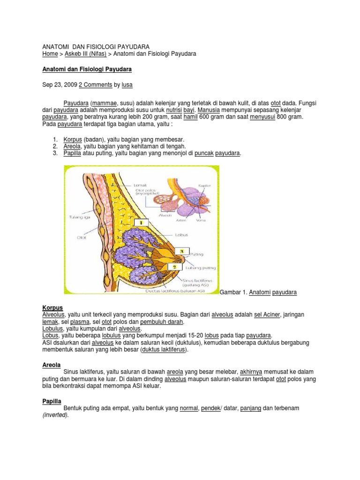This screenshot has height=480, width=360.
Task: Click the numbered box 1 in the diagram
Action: click(x=141, y=222)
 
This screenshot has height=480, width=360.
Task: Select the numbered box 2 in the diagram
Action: click(x=174, y=266)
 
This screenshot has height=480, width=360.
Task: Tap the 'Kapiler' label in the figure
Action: click(x=204, y=186)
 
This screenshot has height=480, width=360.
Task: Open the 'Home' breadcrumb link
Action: click(x=50, y=54)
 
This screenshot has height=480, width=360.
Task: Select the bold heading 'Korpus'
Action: click(x=52, y=307)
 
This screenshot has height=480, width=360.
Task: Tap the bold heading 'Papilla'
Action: click(x=52, y=401)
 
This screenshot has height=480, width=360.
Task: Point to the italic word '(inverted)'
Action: click(x=55, y=415)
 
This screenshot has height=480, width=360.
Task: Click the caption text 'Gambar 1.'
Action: click(x=233, y=292)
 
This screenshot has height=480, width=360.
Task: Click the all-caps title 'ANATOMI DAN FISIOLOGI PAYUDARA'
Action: click(x=96, y=47)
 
